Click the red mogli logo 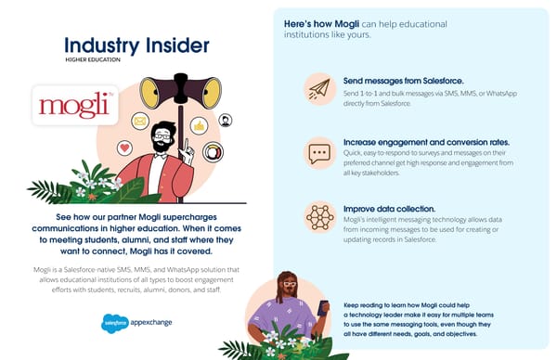[x=73, y=105]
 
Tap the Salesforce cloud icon [x=115, y=322]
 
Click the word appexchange [x=150, y=323]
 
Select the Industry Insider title [x=136, y=45]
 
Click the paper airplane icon [x=320, y=88]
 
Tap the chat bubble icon [x=320, y=152]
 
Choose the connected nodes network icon [x=320, y=217]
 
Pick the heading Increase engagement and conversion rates [x=412, y=142]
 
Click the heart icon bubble [x=124, y=148]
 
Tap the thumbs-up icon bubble [x=199, y=125]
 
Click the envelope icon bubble [x=140, y=121]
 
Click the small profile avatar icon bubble [x=226, y=120]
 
